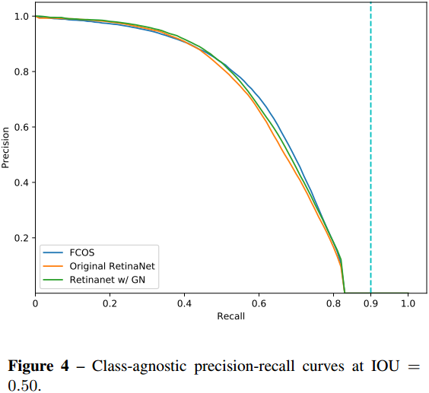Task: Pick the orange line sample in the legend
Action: (53, 266)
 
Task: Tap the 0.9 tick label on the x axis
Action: (370, 303)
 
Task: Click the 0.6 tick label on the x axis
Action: (259, 303)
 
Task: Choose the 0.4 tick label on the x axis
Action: (184, 303)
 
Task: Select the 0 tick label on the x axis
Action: (35, 303)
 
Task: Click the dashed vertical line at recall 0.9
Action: (370, 152)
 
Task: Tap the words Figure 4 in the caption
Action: (40, 366)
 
